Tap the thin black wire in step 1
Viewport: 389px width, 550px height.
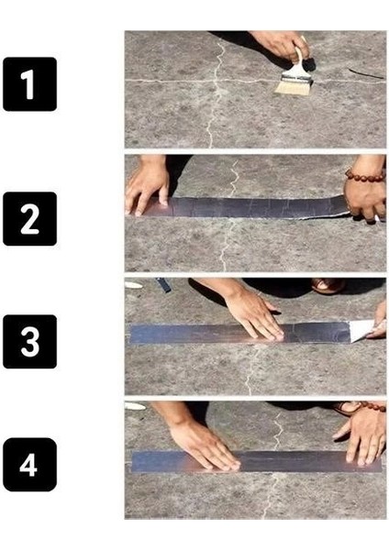(367, 72)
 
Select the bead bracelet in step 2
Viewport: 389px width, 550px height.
(366, 173)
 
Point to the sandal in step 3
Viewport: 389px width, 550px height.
(328, 286)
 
